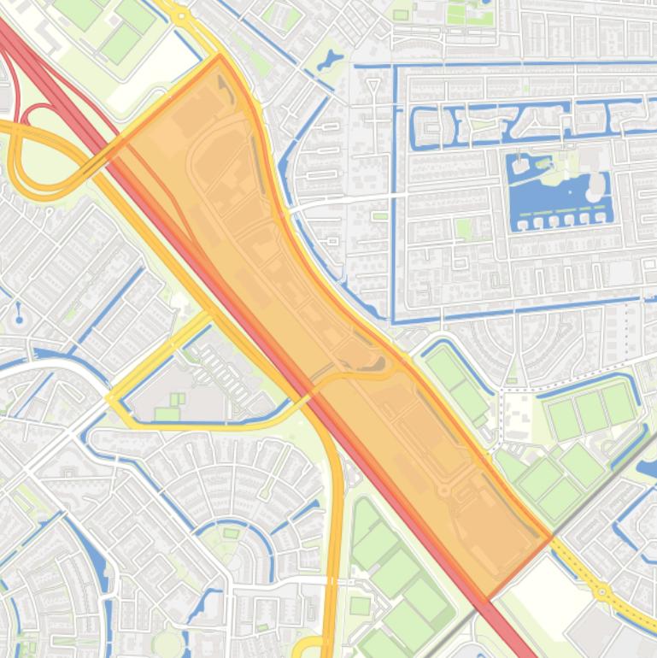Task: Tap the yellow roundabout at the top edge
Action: (181, 15)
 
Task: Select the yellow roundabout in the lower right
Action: (602, 590)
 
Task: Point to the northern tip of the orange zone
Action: (220, 57)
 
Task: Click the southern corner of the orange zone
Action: (488, 598)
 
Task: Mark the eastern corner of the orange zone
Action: (550, 537)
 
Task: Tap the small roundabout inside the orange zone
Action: (443, 489)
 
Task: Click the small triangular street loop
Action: (372, 85)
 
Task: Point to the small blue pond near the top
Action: (329, 62)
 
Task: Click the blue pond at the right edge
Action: (648, 467)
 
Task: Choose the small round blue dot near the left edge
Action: (19, 320)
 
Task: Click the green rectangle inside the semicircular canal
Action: (232, 534)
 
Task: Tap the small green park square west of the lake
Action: (464, 228)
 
